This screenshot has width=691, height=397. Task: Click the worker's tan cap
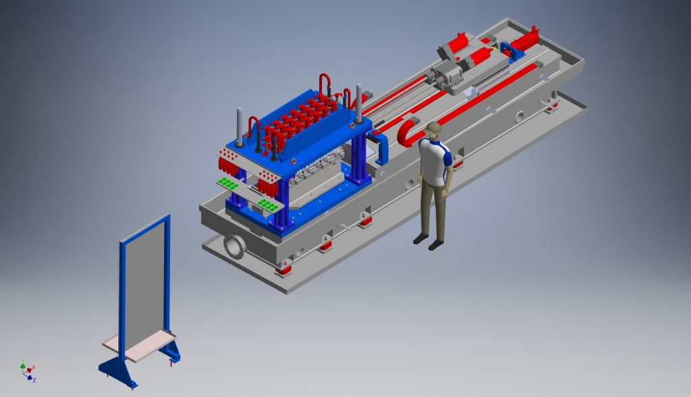point(433,127)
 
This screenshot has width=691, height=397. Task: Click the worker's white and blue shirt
point(435,161)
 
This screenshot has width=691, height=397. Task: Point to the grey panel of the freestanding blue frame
point(144,283)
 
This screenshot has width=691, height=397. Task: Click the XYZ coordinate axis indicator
point(28,371)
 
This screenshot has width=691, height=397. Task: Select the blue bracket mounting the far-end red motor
point(512,51)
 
